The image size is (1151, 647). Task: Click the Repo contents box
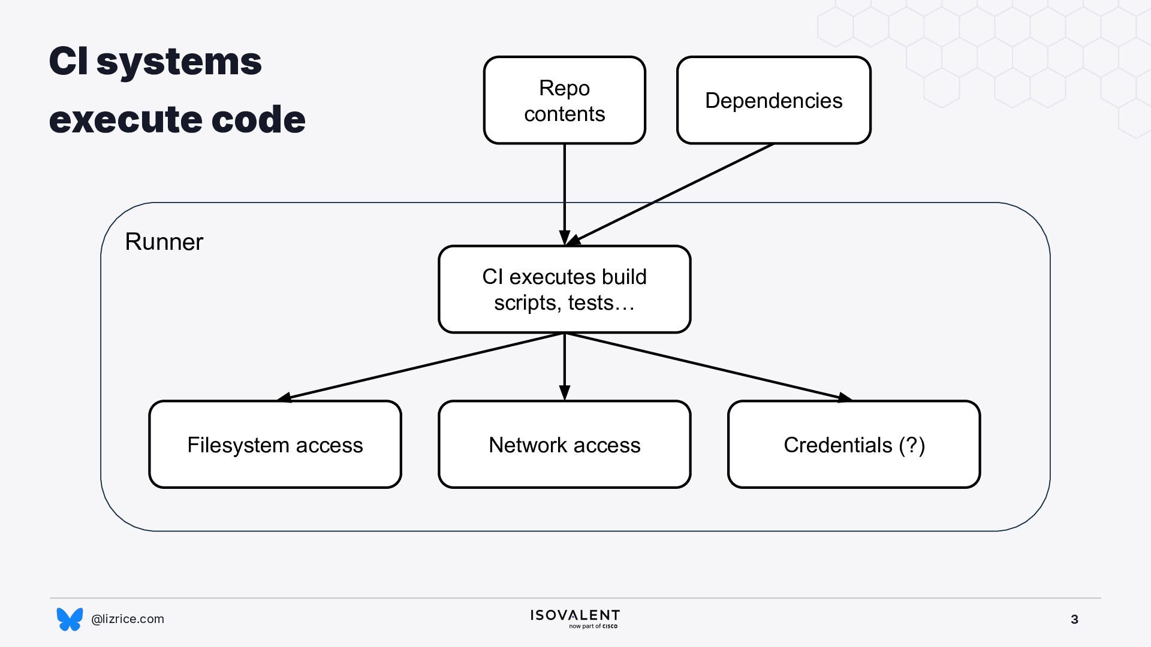pos(564,100)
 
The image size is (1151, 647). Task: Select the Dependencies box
pos(773,100)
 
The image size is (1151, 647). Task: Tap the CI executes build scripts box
pos(564,289)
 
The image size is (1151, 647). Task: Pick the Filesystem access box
pos(275,445)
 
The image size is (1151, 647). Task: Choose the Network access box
pos(564,445)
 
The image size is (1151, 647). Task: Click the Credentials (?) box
pos(854,445)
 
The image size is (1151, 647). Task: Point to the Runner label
pos(164,242)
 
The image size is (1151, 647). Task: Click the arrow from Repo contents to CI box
pos(564,195)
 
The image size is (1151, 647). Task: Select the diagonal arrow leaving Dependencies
pos(670,195)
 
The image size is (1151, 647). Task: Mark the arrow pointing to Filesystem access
pos(420,367)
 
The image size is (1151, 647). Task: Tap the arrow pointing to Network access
pos(564,367)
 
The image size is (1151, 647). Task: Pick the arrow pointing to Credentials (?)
pos(709,367)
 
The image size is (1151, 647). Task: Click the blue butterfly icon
pos(70,619)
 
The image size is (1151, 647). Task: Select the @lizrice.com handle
pos(128,619)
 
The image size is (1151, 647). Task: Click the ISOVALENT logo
pos(575,616)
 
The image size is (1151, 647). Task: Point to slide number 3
pos(1074,619)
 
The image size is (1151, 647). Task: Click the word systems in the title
pos(179,62)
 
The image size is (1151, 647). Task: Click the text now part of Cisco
pos(593,627)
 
